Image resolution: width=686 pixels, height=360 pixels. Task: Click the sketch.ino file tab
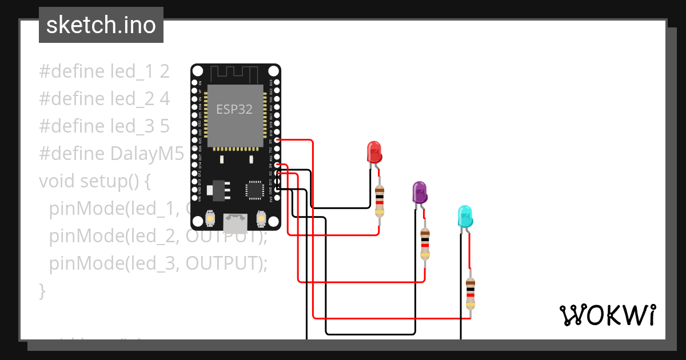101,26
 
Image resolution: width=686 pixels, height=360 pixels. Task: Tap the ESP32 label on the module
234,109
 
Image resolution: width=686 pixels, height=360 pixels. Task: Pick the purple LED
420,193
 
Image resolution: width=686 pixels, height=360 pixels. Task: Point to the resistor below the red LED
379,201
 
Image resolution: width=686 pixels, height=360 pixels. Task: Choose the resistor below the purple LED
425,243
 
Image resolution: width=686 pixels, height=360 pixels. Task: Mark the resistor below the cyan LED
470,293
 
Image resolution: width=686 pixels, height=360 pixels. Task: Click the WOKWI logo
607,315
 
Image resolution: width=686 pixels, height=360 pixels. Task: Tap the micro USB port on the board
236,221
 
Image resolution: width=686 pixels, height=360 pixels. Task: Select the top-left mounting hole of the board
197,71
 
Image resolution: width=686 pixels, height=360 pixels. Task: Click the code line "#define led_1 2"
104,71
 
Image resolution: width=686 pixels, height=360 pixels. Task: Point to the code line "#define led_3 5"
104,126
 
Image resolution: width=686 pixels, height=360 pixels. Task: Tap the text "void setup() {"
94,181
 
